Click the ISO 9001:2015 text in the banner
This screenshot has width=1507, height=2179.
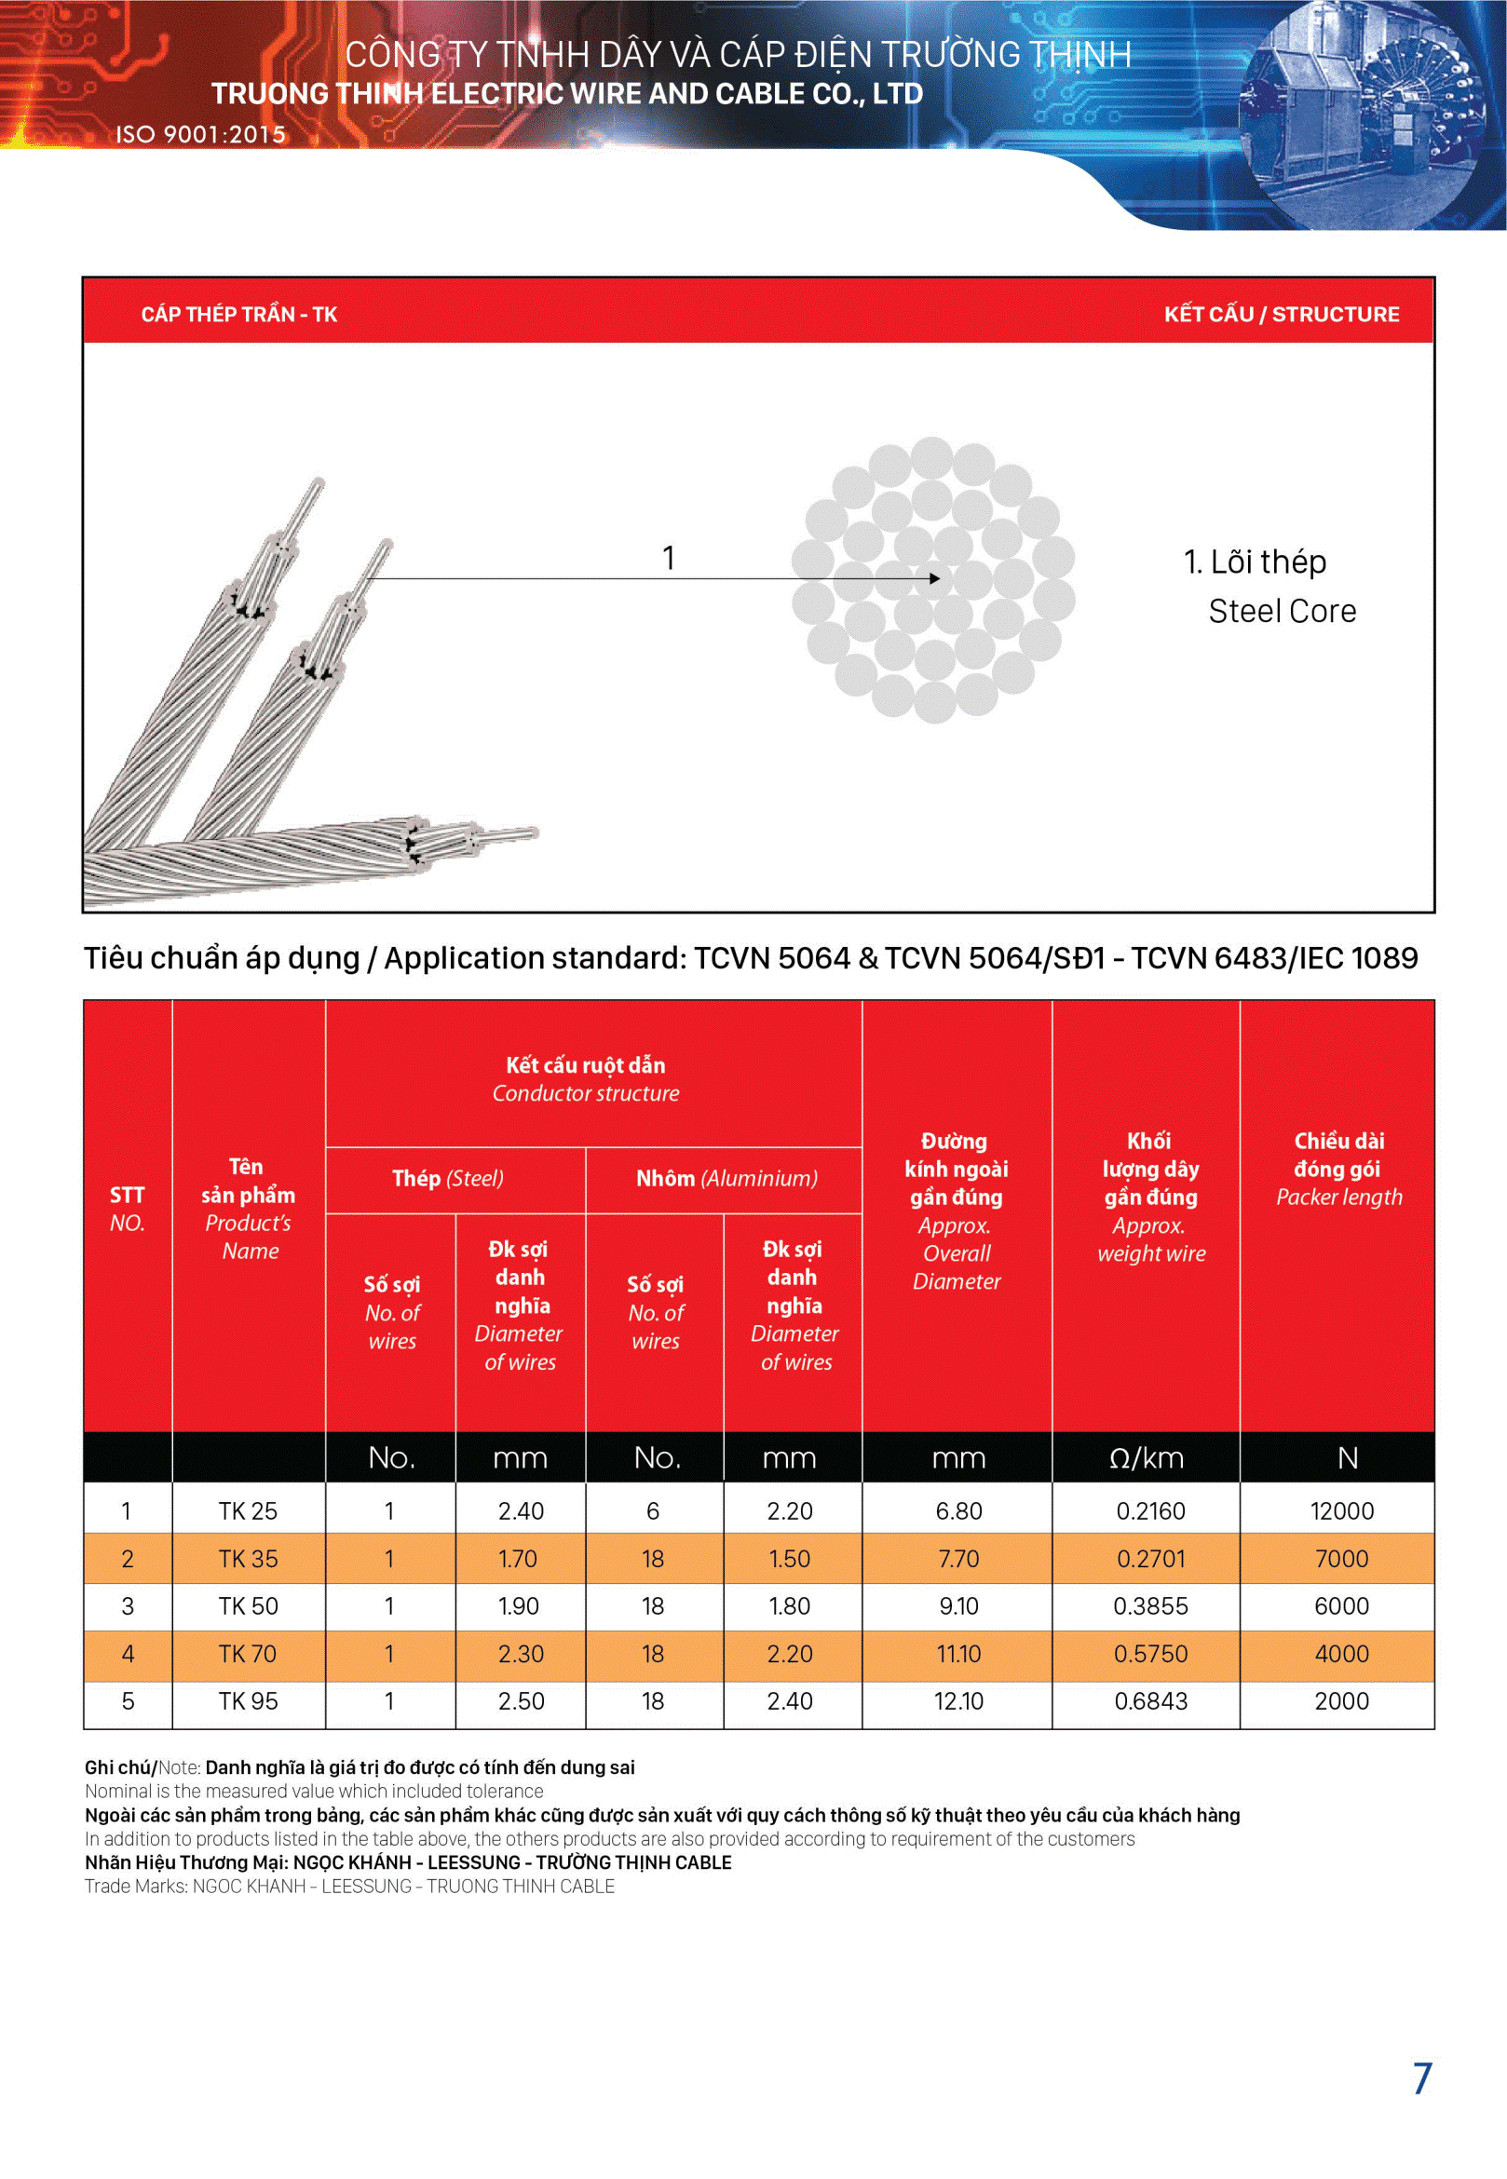click(x=200, y=135)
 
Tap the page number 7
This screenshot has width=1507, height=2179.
click(x=1422, y=2078)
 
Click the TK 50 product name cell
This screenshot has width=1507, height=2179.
click(x=249, y=1606)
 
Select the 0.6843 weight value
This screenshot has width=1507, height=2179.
click(x=1150, y=1701)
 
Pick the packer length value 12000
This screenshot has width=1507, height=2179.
click(x=1341, y=1510)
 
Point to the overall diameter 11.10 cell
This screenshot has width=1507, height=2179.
click(x=958, y=1654)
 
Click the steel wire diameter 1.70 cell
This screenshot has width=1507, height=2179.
click(x=519, y=1559)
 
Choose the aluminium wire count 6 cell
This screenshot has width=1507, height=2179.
click(x=653, y=1510)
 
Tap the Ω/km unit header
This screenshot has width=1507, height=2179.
click(x=1147, y=1458)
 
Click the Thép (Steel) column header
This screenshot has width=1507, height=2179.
click(x=448, y=1178)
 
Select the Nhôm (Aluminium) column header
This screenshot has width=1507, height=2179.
click(x=726, y=1178)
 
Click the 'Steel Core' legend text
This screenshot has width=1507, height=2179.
click(x=1282, y=612)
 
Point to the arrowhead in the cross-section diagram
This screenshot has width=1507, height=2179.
click(x=934, y=578)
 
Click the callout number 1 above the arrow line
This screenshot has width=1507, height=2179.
click(x=669, y=558)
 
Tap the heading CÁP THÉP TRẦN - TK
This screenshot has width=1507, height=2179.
click(x=238, y=315)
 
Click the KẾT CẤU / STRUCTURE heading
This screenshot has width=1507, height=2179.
click(x=1281, y=315)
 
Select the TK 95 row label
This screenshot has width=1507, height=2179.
click(x=249, y=1701)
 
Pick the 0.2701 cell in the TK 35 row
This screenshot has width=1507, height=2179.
click(x=1150, y=1559)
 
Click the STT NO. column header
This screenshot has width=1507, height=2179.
click(x=128, y=1209)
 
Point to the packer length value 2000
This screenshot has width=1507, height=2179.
click(x=1341, y=1701)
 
